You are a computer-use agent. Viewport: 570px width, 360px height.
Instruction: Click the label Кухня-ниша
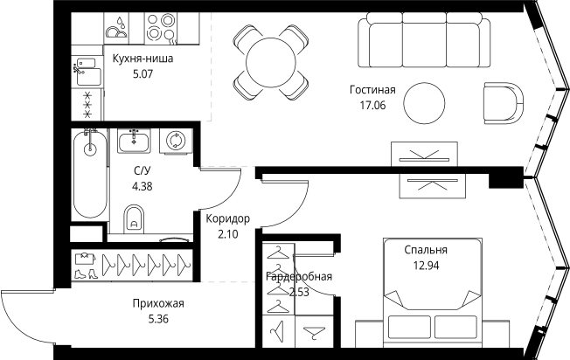pyautogui.click(x=142, y=59)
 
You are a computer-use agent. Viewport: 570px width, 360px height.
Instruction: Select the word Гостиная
pyautogui.click(x=372, y=89)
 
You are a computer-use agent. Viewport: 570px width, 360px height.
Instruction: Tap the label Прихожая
pyautogui.click(x=158, y=303)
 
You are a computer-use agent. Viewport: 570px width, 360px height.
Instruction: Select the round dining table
pyautogui.click(x=271, y=60)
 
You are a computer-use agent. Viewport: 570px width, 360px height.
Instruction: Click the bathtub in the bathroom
pyautogui.click(x=89, y=174)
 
